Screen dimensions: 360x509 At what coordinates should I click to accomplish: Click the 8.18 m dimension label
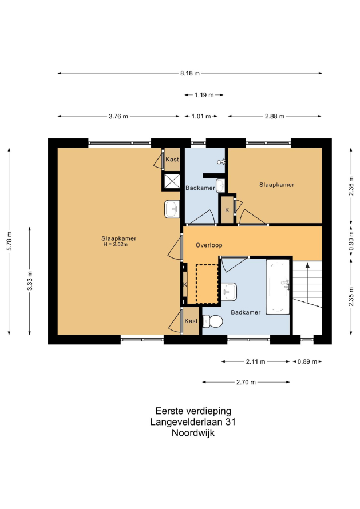click(x=190, y=73)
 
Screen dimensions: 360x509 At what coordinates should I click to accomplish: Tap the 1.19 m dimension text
click(x=204, y=95)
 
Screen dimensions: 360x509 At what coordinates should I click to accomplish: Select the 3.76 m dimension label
click(x=118, y=116)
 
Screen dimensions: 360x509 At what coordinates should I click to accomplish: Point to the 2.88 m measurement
click(x=275, y=116)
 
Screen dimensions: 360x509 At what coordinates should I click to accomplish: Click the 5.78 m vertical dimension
click(x=9, y=241)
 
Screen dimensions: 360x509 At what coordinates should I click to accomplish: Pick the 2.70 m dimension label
click(x=246, y=382)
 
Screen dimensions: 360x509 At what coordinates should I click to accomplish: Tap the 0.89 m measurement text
click(x=307, y=361)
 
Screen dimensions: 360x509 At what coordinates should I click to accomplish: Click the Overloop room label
click(x=209, y=245)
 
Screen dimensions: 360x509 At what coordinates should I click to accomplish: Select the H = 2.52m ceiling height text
click(x=116, y=244)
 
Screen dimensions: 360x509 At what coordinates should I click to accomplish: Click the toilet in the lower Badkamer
click(x=212, y=321)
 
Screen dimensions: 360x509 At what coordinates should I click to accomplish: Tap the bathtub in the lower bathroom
click(x=278, y=287)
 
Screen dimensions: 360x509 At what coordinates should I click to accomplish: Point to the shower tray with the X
click(x=172, y=181)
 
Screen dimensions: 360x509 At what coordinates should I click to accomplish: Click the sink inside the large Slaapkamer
click(x=172, y=209)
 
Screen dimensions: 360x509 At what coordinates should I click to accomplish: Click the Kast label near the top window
click(x=172, y=160)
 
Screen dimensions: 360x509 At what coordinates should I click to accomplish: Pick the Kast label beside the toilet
click(x=191, y=321)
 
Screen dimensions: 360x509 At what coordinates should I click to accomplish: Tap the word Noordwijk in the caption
click(x=193, y=433)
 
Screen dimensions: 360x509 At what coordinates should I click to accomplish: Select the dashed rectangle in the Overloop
click(x=207, y=284)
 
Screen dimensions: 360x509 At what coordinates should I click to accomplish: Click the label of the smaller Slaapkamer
click(x=276, y=185)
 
